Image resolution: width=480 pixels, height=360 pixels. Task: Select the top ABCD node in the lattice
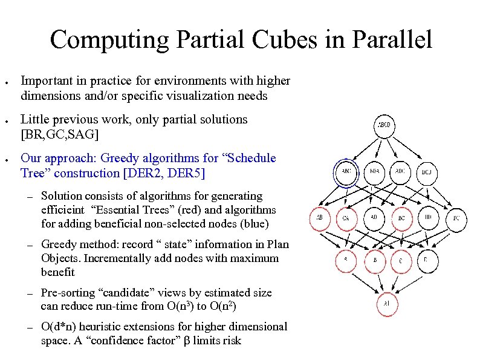[x=385, y=126]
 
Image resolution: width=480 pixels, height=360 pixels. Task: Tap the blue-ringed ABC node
[x=346, y=172]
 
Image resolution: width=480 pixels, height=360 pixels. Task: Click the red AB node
[x=320, y=218]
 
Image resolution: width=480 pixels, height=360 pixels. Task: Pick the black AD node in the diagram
[x=374, y=217]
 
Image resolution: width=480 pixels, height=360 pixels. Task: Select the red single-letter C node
[x=401, y=261]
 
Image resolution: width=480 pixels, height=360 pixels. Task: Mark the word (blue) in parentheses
[x=255, y=224]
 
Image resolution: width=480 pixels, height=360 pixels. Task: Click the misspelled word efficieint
[x=63, y=210]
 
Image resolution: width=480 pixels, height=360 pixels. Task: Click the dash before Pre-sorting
[x=28, y=293]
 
